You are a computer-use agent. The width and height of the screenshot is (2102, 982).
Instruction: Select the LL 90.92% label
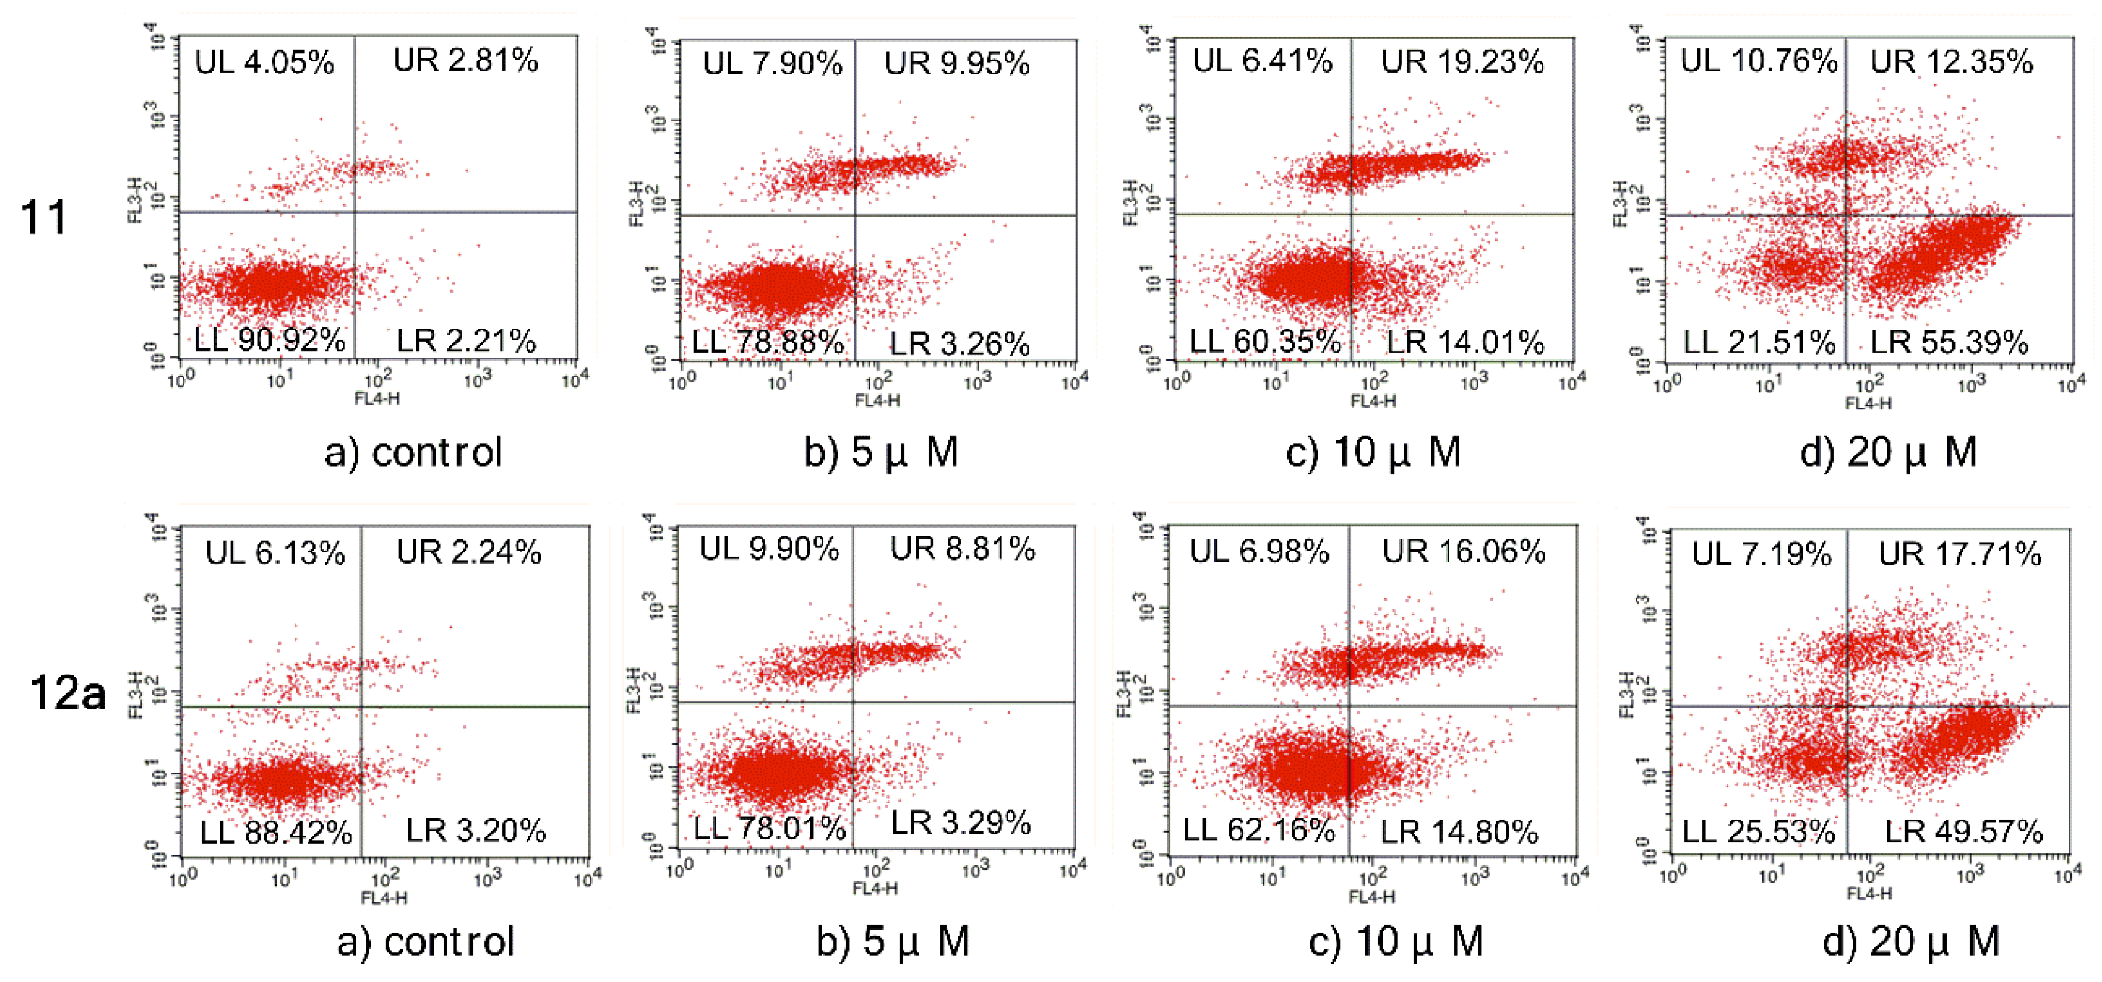click(270, 340)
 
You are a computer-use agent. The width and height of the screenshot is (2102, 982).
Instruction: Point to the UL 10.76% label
click(1759, 61)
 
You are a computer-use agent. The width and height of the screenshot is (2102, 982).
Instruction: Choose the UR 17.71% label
click(1960, 554)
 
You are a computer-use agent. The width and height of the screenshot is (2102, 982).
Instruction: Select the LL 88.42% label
click(276, 833)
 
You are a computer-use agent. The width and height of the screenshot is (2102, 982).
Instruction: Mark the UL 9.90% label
click(769, 549)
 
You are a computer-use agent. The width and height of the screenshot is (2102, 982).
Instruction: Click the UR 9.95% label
click(957, 64)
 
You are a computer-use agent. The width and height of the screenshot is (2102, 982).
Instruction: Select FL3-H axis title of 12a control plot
click(136, 695)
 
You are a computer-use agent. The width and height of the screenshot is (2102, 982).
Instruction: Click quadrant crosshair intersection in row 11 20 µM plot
click(1846, 215)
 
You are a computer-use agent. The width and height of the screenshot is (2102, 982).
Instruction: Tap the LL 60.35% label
click(1264, 341)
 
